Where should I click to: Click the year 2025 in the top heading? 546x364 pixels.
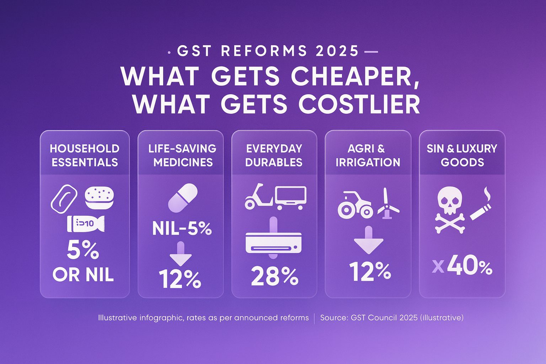(x=337, y=51)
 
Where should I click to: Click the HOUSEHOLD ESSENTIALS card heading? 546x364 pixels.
(x=85, y=155)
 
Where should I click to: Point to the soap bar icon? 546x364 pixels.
(x=64, y=199)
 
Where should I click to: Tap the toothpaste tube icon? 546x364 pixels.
(x=86, y=224)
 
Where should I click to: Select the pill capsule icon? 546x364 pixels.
(x=183, y=196)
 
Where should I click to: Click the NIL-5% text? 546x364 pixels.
(x=182, y=229)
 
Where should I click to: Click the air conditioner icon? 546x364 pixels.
(x=273, y=242)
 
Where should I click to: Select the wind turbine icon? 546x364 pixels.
(x=388, y=204)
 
